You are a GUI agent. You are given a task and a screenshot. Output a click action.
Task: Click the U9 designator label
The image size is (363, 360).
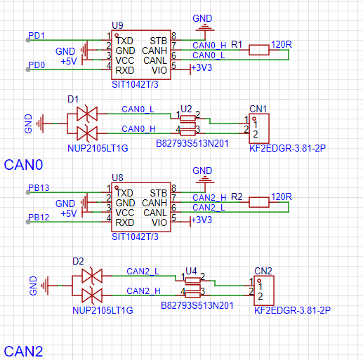[117, 25]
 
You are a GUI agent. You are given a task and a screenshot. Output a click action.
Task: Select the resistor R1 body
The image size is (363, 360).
[259, 50]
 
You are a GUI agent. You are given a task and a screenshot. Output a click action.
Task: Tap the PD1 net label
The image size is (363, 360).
[37, 36]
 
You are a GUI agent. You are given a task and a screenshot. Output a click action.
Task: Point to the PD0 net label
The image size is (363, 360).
[37, 65]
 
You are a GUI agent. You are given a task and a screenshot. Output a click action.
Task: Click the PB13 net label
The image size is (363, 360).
[39, 188]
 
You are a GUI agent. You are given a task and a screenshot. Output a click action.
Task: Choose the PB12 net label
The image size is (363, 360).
[39, 218]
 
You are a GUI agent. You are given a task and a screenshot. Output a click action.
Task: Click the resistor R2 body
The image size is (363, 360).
[259, 202]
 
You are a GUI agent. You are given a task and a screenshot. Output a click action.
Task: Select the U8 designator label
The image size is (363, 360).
[117, 178]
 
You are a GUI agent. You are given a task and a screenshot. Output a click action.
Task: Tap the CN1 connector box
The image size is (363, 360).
[259, 128]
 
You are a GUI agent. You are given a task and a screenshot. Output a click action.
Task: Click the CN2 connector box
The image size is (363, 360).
[264, 291]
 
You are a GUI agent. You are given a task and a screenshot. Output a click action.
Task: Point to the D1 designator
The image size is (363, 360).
[73, 99]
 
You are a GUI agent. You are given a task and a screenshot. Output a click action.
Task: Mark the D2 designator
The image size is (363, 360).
[78, 261]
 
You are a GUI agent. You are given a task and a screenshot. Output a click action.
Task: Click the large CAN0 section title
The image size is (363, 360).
[23, 165]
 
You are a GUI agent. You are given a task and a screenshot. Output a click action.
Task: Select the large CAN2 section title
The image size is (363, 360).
[23, 351]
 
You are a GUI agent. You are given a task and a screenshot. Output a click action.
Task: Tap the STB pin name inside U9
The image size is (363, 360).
[158, 41]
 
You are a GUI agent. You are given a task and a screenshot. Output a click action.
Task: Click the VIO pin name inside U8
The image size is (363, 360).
[159, 222]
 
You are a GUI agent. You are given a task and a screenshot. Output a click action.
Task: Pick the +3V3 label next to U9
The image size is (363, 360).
[202, 68]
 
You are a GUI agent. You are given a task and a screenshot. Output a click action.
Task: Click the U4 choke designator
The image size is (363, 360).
[191, 271]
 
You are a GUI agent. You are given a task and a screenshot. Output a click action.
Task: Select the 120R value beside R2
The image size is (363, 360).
[282, 196]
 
